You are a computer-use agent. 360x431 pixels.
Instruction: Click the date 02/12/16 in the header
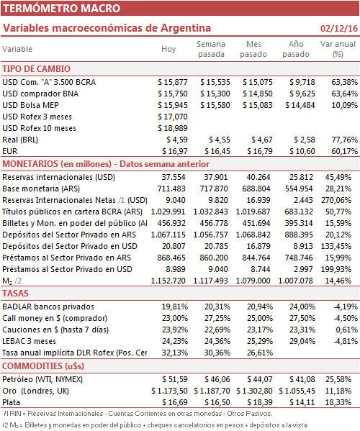tap(339, 28)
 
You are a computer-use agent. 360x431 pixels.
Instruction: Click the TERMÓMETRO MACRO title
tap(62, 8)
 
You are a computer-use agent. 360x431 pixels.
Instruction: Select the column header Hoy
tap(168, 49)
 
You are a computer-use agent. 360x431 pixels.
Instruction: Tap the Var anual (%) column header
tap(338, 49)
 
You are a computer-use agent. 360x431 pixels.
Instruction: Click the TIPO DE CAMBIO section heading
tap(36, 69)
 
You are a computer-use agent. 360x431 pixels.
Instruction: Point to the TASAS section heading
tap(15, 294)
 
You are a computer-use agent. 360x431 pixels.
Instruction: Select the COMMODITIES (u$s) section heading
tap(43, 366)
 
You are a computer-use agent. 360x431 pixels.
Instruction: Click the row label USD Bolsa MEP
tap(30, 105)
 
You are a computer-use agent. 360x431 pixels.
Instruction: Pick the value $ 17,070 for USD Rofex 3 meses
tap(173, 117)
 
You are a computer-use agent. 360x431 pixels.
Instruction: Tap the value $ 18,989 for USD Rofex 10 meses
tap(173, 128)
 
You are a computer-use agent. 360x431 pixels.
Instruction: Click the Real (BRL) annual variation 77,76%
tap(344, 140)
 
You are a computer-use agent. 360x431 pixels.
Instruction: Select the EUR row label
tap(10, 151)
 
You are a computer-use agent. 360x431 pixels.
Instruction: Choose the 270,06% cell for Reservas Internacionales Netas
tap(336, 200)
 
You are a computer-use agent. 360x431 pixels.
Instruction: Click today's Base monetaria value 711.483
tap(171, 189)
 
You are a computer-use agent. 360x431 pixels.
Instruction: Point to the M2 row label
tap(12, 281)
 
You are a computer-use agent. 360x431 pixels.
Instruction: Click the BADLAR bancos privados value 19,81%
tap(175, 307)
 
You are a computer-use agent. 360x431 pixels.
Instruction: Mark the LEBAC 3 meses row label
tap(29, 341)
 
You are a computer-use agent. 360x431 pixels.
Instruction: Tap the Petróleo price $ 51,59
tap(175, 380)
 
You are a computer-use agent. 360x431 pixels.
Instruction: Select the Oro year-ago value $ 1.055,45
tap(297, 391)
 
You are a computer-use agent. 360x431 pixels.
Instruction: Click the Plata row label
tap(12, 403)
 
